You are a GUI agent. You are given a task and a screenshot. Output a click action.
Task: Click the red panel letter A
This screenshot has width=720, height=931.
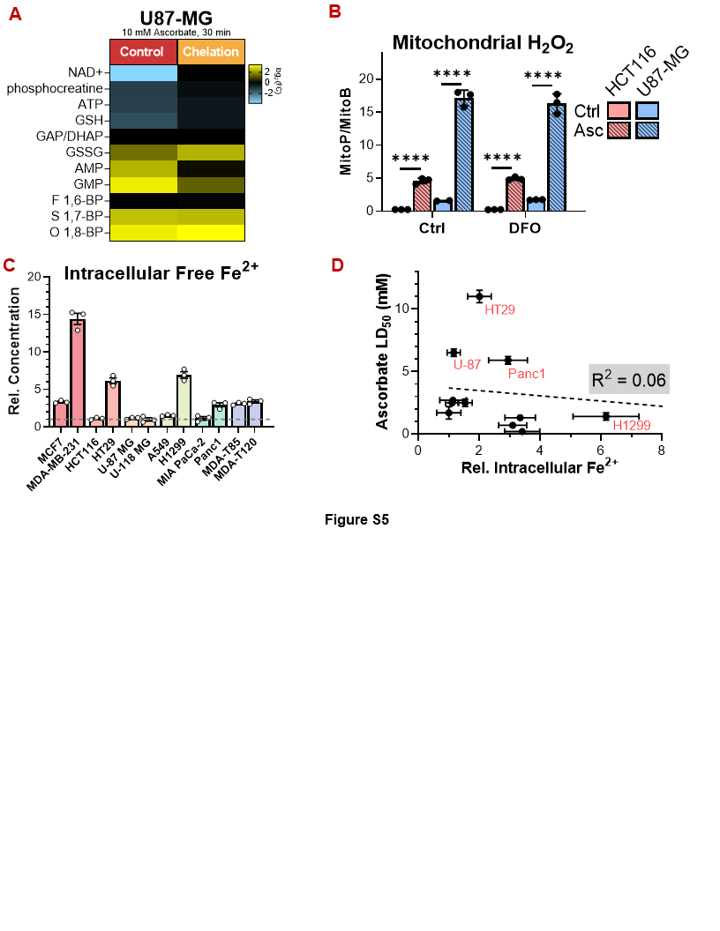click(15, 16)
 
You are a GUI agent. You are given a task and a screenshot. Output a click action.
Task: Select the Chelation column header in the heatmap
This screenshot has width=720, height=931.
click(211, 51)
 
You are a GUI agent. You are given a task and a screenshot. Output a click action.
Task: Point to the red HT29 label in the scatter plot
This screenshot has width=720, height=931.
click(500, 309)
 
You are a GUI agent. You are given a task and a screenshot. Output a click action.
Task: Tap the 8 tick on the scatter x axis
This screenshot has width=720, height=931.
click(662, 449)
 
